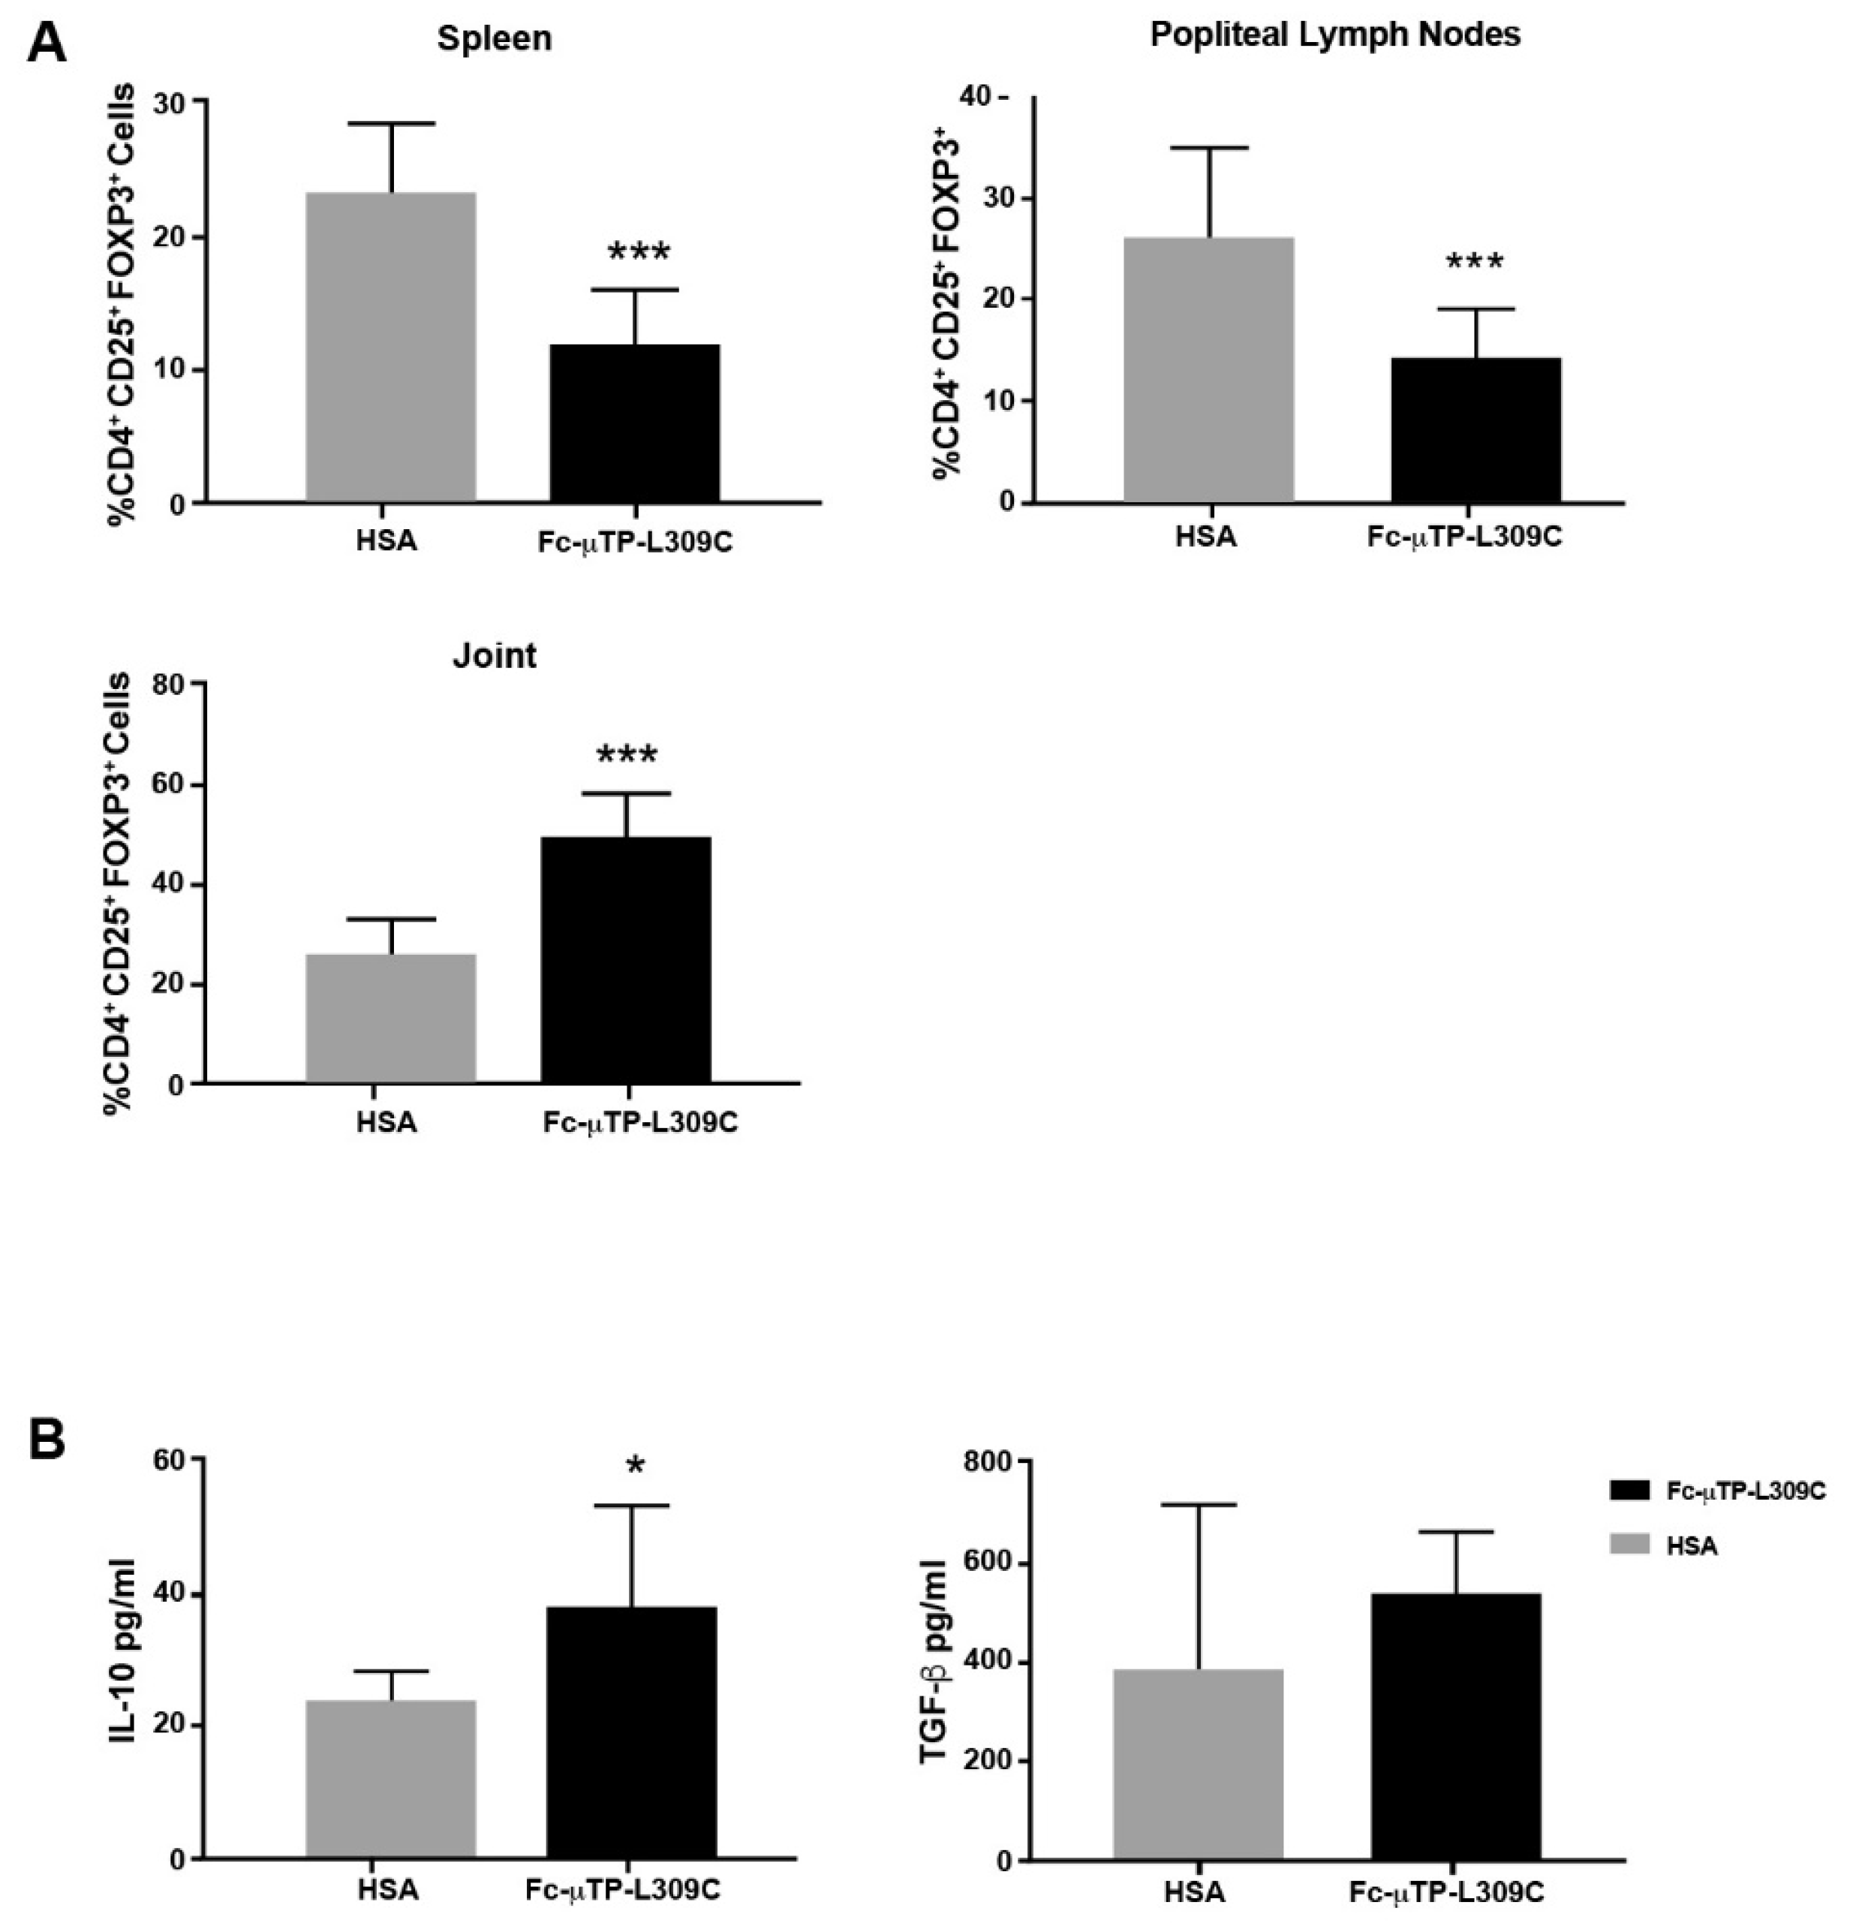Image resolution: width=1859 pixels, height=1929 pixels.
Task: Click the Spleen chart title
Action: (494, 38)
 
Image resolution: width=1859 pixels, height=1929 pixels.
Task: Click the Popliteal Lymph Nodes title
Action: (1334, 35)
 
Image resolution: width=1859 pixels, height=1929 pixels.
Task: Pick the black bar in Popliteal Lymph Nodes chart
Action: (1475, 430)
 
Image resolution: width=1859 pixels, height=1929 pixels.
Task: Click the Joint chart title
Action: (494, 655)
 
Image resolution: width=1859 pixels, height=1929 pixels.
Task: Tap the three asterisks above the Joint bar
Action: (626, 756)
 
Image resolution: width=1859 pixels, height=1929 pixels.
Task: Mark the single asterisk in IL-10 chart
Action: (635, 1467)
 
